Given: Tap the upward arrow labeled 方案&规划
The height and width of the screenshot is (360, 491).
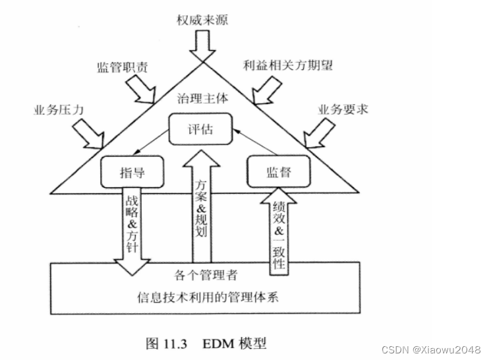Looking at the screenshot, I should pos(202,211).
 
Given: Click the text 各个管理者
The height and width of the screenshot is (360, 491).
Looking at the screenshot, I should pos(202,272).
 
